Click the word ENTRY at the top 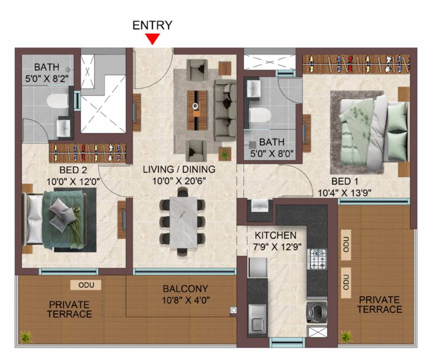point(152,25)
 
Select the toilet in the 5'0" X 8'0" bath point(259,115)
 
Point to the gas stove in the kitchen point(317,259)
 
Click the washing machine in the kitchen point(317,312)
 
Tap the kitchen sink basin point(258,320)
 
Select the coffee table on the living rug point(197,110)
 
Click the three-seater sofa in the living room point(225,111)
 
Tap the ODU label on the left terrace point(86,285)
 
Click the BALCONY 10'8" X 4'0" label point(185,294)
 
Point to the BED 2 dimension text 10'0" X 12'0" point(73,181)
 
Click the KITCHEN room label point(276,235)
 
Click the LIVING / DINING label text point(179,169)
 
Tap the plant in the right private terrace point(345,336)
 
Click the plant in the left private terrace point(26,337)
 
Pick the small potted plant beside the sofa point(225,154)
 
